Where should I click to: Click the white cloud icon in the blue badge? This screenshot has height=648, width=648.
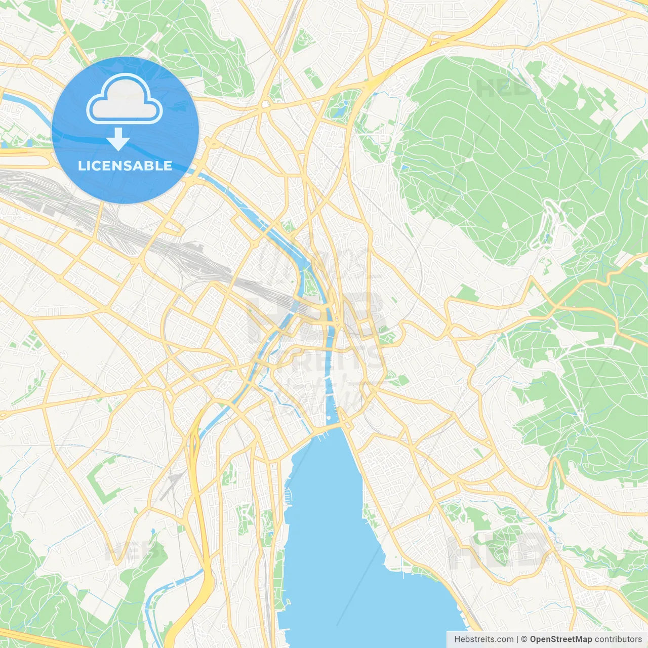(x=125, y=99)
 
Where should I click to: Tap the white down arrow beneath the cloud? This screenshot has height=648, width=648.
(x=118, y=139)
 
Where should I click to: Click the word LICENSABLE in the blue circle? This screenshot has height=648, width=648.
(x=125, y=166)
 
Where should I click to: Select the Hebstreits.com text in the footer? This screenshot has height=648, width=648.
(x=483, y=639)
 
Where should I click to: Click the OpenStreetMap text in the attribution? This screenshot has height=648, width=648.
(x=560, y=639)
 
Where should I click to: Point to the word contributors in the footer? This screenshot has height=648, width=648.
(x=618, y=639)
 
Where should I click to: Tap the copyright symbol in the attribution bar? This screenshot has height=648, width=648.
(x=524, y=639)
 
